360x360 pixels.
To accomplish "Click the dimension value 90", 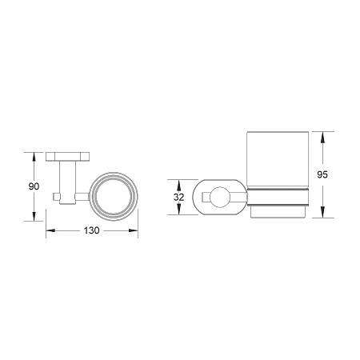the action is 34,186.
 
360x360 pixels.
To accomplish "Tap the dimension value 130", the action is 92,230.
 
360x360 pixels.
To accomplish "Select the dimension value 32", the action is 179,197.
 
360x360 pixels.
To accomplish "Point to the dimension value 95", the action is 322,174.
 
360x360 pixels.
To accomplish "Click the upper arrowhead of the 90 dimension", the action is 34,157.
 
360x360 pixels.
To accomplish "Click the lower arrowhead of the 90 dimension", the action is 34,216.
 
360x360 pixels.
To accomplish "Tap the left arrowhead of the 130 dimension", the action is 50,230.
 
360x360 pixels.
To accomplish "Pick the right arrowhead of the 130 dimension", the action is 134,230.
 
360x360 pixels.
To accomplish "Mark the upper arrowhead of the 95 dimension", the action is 322,136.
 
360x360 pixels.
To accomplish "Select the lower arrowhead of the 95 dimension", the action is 322,213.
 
